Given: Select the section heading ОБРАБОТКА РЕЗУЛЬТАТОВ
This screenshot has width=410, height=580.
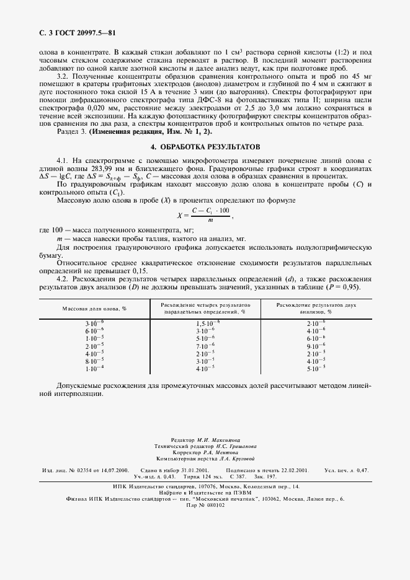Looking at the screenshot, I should click(x=208, y=147).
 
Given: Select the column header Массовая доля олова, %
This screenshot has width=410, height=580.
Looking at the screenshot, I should click(x=94, y=308).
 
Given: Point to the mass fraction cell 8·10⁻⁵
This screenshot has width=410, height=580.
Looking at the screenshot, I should click(x=94, y=361).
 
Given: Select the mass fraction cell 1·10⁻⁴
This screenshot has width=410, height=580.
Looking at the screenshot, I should click(x=94, y=368).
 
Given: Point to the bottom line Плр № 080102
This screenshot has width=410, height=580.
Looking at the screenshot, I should click(x=205, y=505).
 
